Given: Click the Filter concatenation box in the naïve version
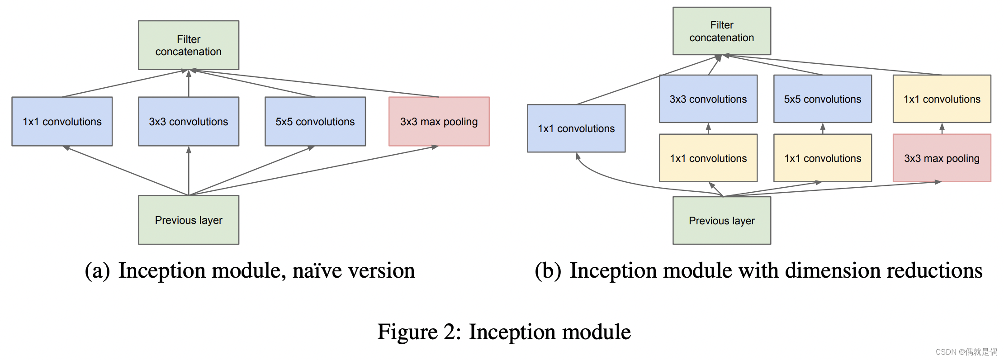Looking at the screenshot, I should [189, 45].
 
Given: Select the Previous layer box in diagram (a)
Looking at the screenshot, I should [189, 220].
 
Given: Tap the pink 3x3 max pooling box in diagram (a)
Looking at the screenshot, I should [439, 121].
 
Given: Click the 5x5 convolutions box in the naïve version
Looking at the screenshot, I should [315, 121].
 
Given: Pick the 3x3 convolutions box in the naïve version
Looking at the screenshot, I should [189, 121].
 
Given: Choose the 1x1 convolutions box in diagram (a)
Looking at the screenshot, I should [62, 121].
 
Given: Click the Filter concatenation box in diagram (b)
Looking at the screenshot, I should [721, 31].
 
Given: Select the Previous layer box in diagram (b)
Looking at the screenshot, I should [721, 220].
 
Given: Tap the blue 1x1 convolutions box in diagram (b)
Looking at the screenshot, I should [576, 128].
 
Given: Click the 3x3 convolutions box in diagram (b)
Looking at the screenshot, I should [708, 99].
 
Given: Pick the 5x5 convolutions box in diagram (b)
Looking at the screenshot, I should [822, 99].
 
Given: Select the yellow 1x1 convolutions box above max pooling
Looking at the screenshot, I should [942, 99].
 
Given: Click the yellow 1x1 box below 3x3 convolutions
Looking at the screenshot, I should [708, 158].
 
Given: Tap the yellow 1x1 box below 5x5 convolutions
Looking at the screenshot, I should [822, 158].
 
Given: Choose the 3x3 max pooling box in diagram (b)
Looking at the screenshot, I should [942, 158].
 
